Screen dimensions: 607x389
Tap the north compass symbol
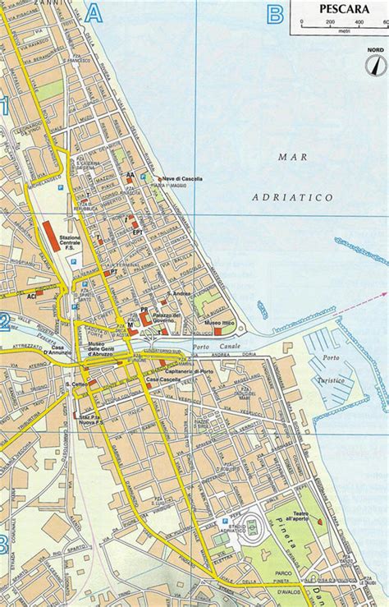point(375,64)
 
